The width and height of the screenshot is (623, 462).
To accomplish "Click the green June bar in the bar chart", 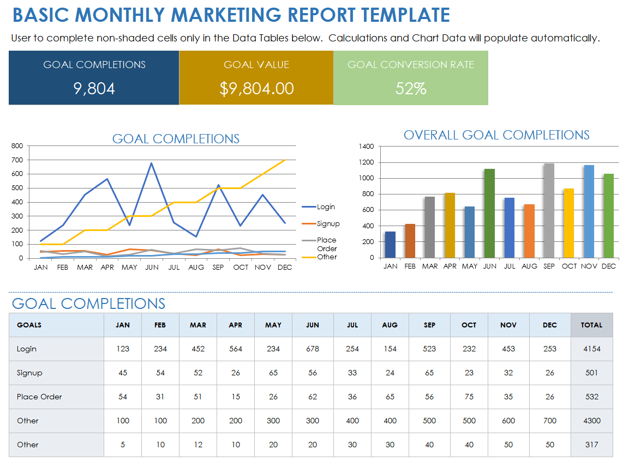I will pos(489,214).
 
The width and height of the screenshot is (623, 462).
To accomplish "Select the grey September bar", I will pos(549,211).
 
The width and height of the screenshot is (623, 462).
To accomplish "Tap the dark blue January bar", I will pos(390,245).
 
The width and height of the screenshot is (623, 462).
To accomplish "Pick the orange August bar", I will pos(529,231).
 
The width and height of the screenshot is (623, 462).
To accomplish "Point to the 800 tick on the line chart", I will pos(17,146).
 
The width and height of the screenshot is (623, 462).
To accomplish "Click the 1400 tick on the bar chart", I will pos(367,147).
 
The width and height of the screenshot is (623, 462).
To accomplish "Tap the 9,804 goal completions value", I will pos(94,88).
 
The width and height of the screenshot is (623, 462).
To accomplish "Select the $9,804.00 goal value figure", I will pos(256,88).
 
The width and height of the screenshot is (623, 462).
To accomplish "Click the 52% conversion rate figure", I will pos(410,88).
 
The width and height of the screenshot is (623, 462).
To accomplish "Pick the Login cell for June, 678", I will pos(313,349).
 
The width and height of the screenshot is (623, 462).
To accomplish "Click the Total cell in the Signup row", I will pos(591,373).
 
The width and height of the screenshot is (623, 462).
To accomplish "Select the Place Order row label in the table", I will pos(39,397).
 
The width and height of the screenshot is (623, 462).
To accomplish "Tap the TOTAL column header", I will pos(591,325).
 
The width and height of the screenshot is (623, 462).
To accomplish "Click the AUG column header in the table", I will pos(390,325).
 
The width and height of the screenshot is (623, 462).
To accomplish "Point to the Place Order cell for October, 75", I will pos(469,397).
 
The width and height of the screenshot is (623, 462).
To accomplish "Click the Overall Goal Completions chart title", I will pos(496,135).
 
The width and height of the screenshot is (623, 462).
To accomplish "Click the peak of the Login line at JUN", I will pos(151,163).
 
